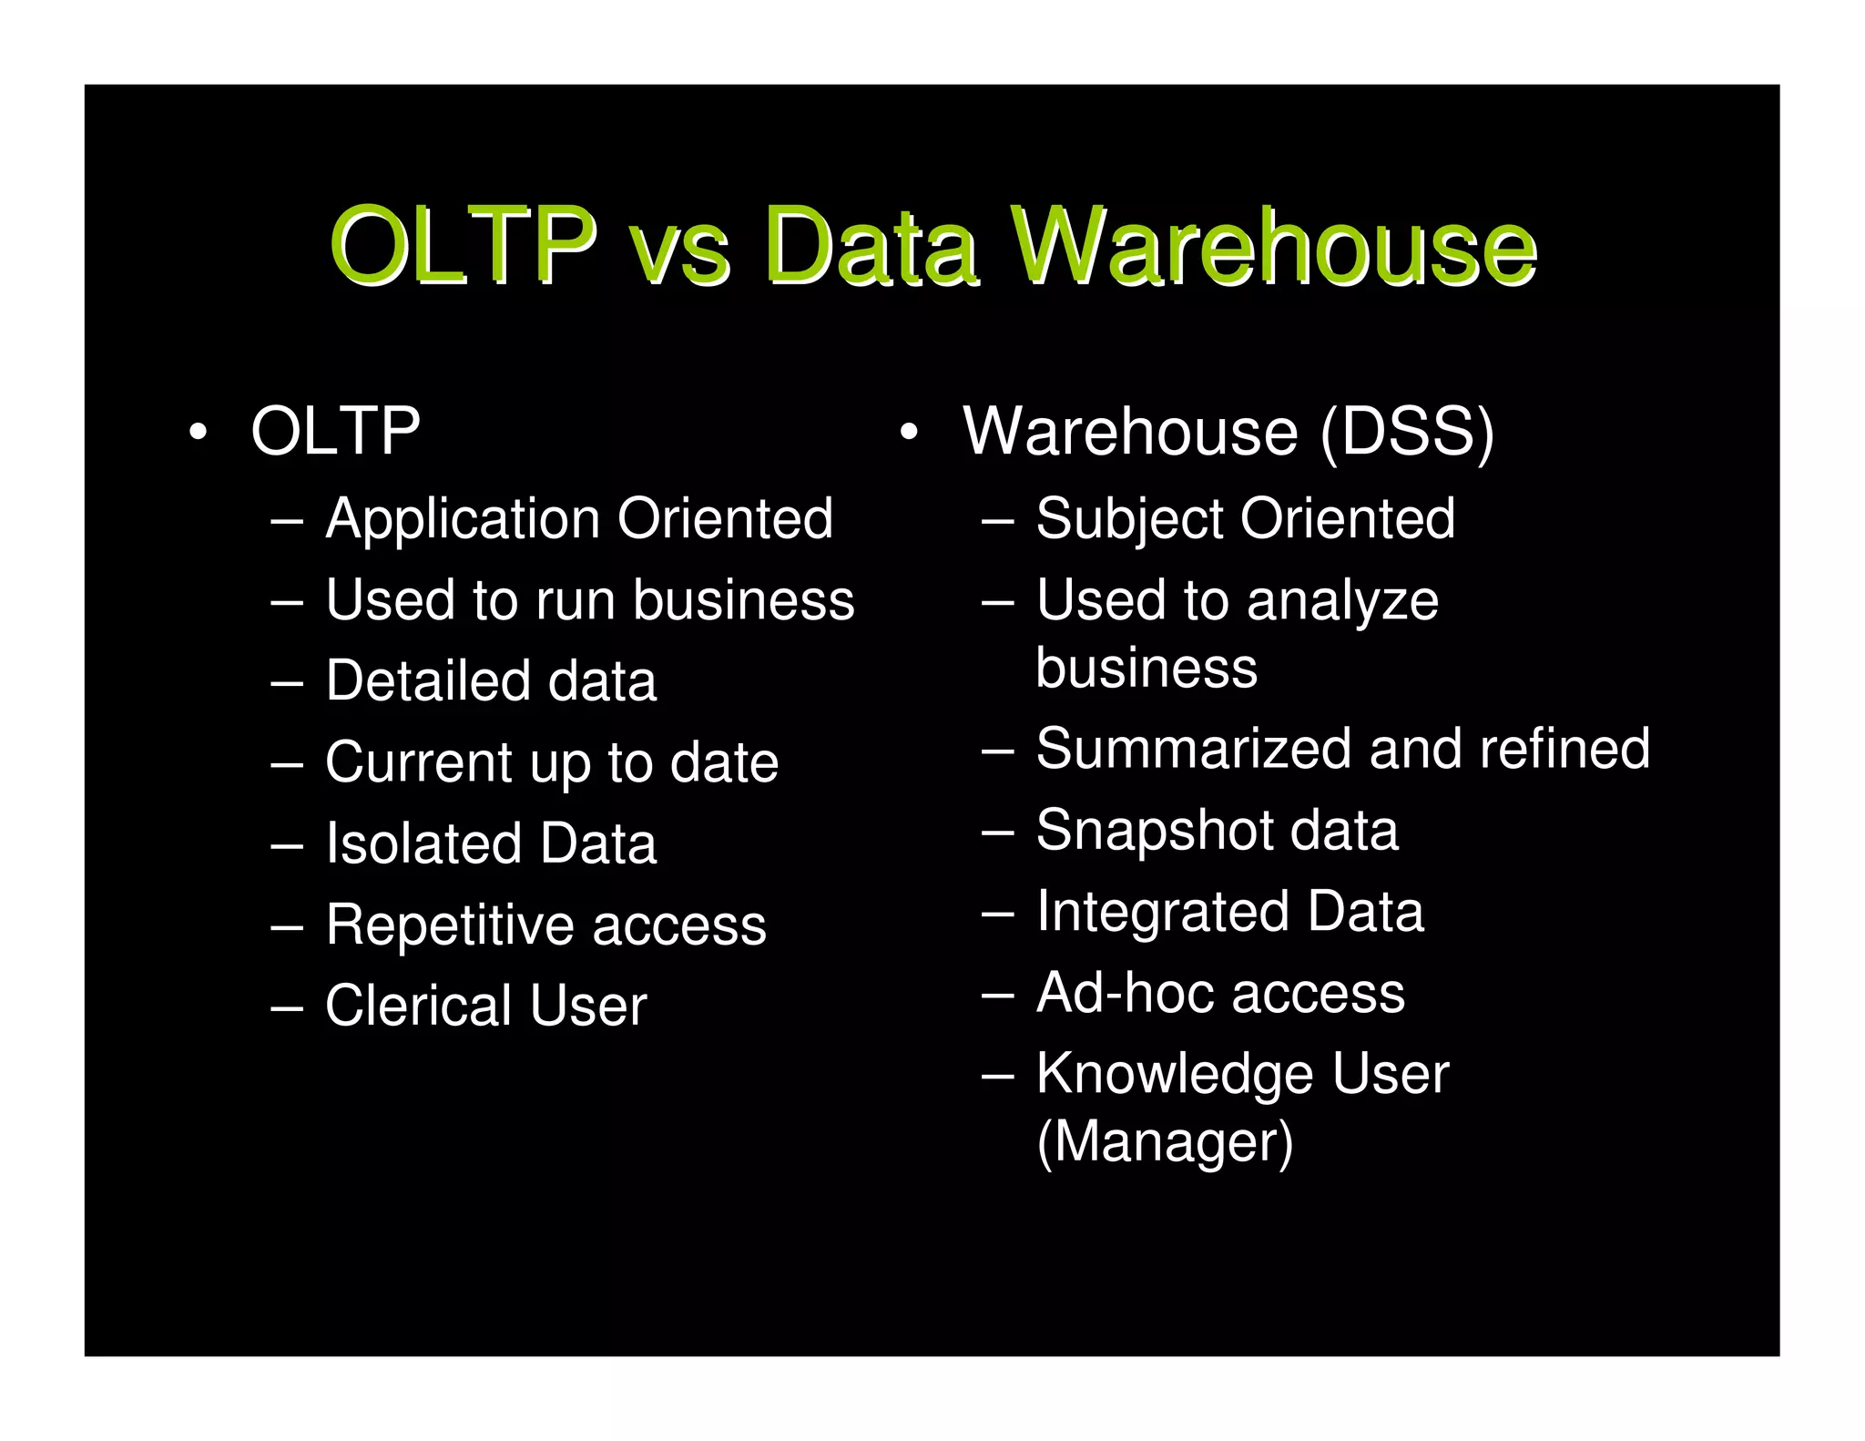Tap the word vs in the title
point(679,250)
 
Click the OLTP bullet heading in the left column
point(335,431)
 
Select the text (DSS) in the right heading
point(1407,433)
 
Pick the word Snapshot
point(1154,832)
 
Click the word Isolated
point(422,843)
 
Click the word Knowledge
point(1175,1076)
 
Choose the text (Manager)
point(1165,1142)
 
